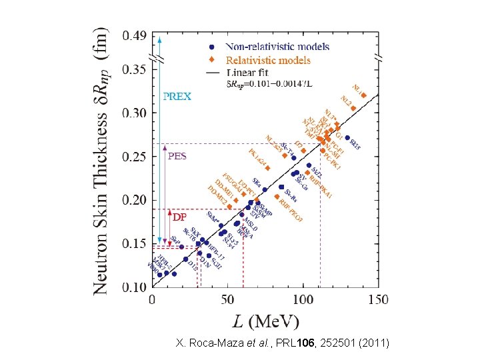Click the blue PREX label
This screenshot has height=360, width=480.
(x=177, y=96)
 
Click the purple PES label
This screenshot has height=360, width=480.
(x=177, y=156)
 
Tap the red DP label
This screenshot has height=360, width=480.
(x=179, y=217)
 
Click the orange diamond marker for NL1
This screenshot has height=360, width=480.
(x=363, y=95)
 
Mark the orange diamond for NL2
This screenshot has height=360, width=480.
(x=353, y=108)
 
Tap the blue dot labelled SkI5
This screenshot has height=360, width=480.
(x=347, y=138)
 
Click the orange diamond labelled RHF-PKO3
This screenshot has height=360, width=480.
(x=277, y=196)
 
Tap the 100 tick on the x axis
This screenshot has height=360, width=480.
(x=303, y=299)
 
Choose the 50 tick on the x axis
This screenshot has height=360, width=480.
(x=228, y=299)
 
